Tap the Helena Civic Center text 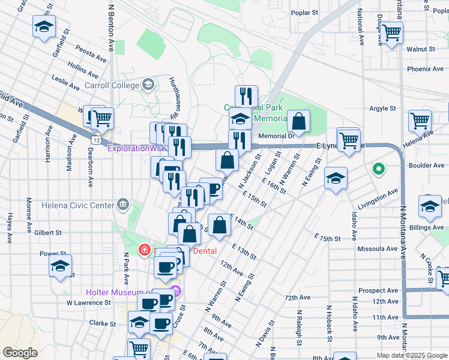[x=77, y=205]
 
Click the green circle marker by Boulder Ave [x=378, y=169]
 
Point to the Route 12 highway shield [x=96, y=139]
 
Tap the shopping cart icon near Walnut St [x=391, y=32]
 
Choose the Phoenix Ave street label [x=425, y=69]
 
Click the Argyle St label [x=382, y=109]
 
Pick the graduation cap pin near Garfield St [x=44, y=27]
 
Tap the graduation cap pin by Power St [x=60, y=266]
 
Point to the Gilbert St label [x=47, y=232]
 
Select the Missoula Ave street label [x=378, y=248]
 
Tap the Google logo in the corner [x=20, y=353]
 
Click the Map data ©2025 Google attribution [x=412, y=355]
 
